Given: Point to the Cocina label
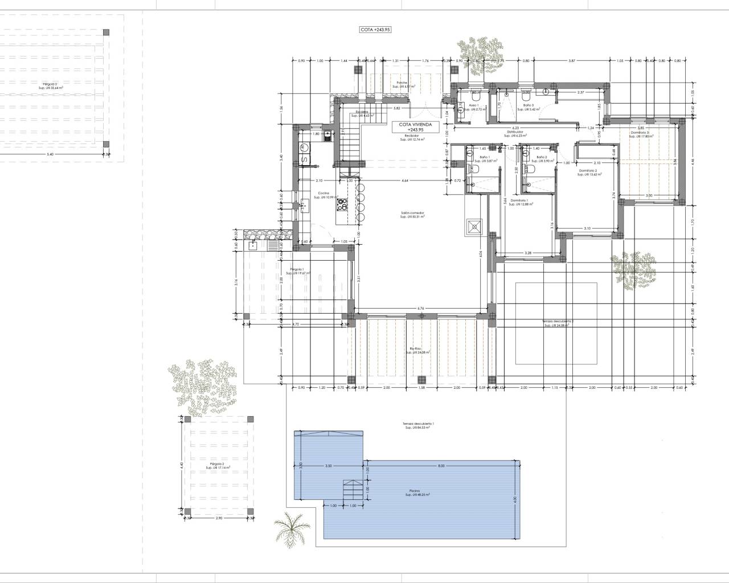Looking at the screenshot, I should (323, 194).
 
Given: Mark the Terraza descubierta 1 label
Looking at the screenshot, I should (417, 425).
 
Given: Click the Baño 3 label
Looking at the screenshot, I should (529, 106).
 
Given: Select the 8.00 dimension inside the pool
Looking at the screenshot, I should (441, 466).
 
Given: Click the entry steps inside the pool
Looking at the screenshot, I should (351, 488).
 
